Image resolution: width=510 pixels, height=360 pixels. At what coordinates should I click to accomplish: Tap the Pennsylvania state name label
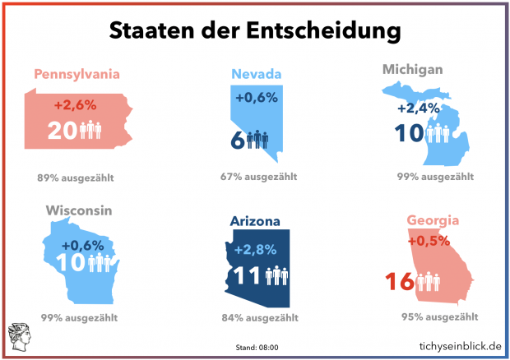tap(77, 75)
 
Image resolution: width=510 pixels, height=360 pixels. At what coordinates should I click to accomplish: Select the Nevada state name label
tap(257, 75)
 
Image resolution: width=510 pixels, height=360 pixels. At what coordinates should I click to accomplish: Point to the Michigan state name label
tap(413, 68)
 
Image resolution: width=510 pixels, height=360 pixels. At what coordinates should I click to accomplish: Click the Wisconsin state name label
tap(79, 211)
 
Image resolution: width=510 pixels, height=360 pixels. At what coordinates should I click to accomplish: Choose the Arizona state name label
tap(256, 221)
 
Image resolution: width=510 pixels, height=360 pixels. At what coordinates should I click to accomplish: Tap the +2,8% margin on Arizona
tap(256, 250)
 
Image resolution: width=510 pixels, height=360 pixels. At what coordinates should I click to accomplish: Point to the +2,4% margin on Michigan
tap(417, 108)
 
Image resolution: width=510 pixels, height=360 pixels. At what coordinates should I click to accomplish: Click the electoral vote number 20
tap(63, 131)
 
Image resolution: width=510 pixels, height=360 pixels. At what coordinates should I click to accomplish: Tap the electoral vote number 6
tap(237, 140)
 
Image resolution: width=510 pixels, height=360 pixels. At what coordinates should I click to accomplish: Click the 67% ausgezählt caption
tap(257, 177)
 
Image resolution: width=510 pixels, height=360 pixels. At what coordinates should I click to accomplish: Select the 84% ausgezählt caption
tap(257, 317)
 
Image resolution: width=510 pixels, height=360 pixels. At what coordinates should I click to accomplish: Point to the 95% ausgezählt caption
tap(439, 316)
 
